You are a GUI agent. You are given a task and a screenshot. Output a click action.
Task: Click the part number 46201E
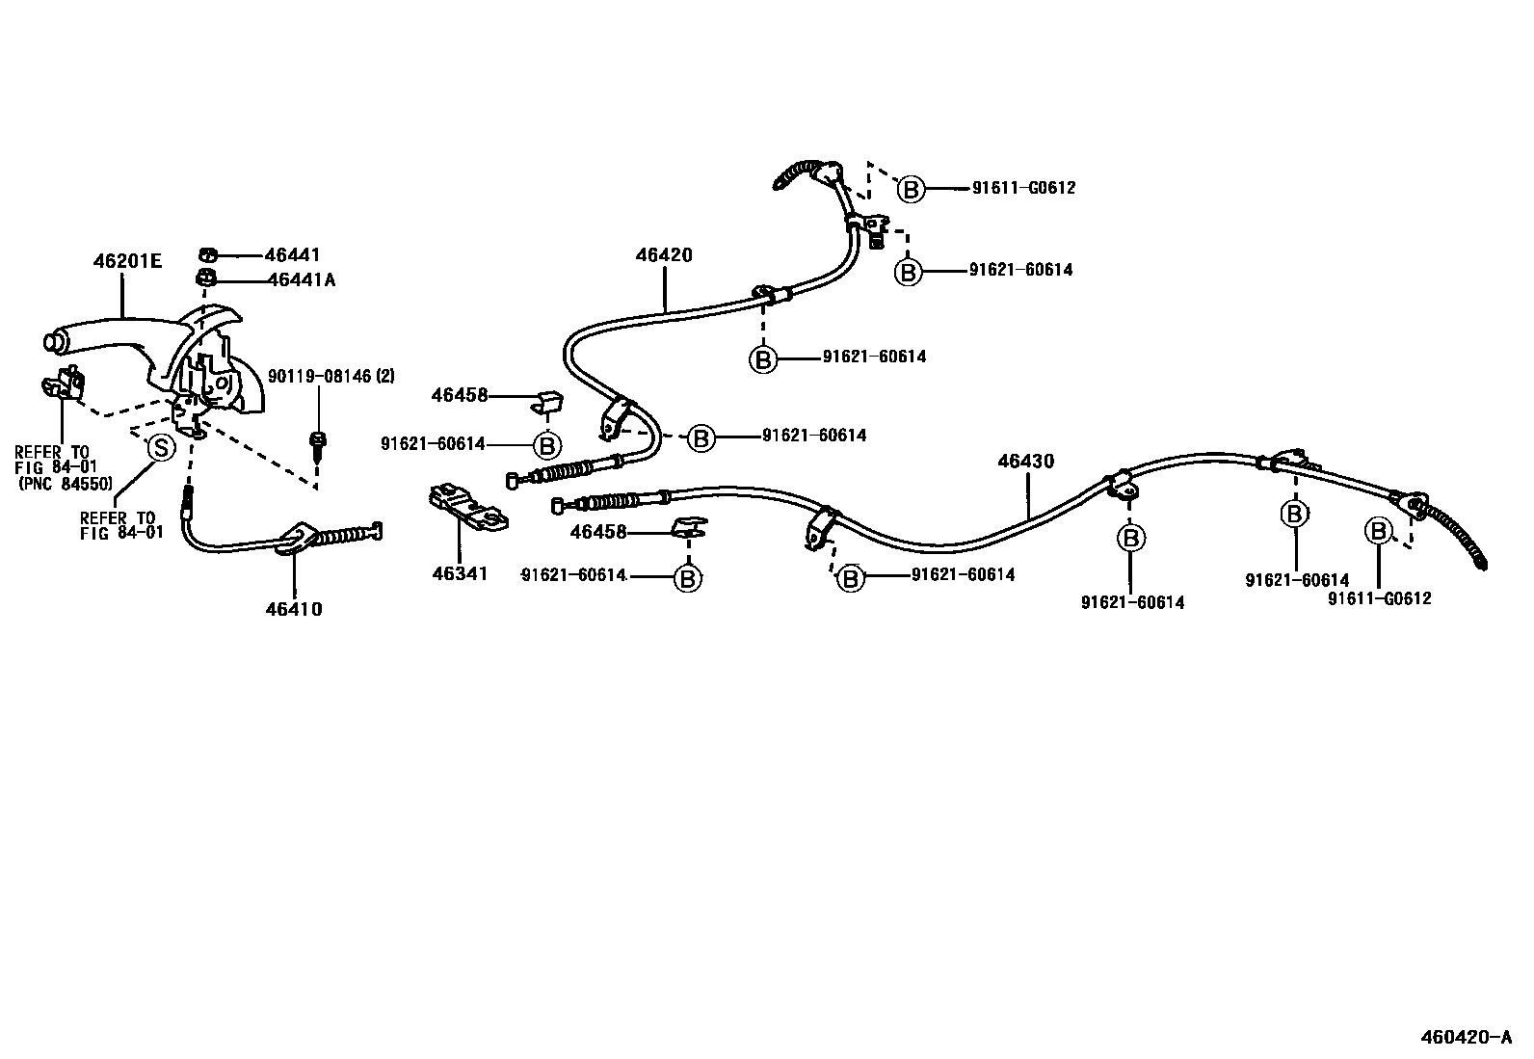click(x=128, y=260)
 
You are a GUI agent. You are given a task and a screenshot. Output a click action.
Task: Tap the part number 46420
click(x=664, y=255)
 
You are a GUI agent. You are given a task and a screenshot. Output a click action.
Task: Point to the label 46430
click(x=1026, y=462)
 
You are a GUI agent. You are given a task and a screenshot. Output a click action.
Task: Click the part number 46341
click(x=460, y=573)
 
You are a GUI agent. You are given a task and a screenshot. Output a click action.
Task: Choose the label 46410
click(x=294, y=609)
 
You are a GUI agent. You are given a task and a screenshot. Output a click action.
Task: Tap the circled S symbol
click(x=159, y=447)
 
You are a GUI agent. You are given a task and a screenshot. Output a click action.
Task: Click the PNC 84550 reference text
click(x=65, y=484)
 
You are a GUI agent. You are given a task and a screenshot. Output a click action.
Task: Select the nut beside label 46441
click(x=206, y=255)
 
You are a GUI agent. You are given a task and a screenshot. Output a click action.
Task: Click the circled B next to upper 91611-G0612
click(x=911, y=189)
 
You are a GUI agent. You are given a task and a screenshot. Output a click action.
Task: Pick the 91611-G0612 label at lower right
click(x=1380, y=598)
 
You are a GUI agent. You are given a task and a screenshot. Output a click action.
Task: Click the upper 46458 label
click(x=460, y=395)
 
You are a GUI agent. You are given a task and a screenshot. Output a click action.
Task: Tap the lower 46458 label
click(x=597, y=532)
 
